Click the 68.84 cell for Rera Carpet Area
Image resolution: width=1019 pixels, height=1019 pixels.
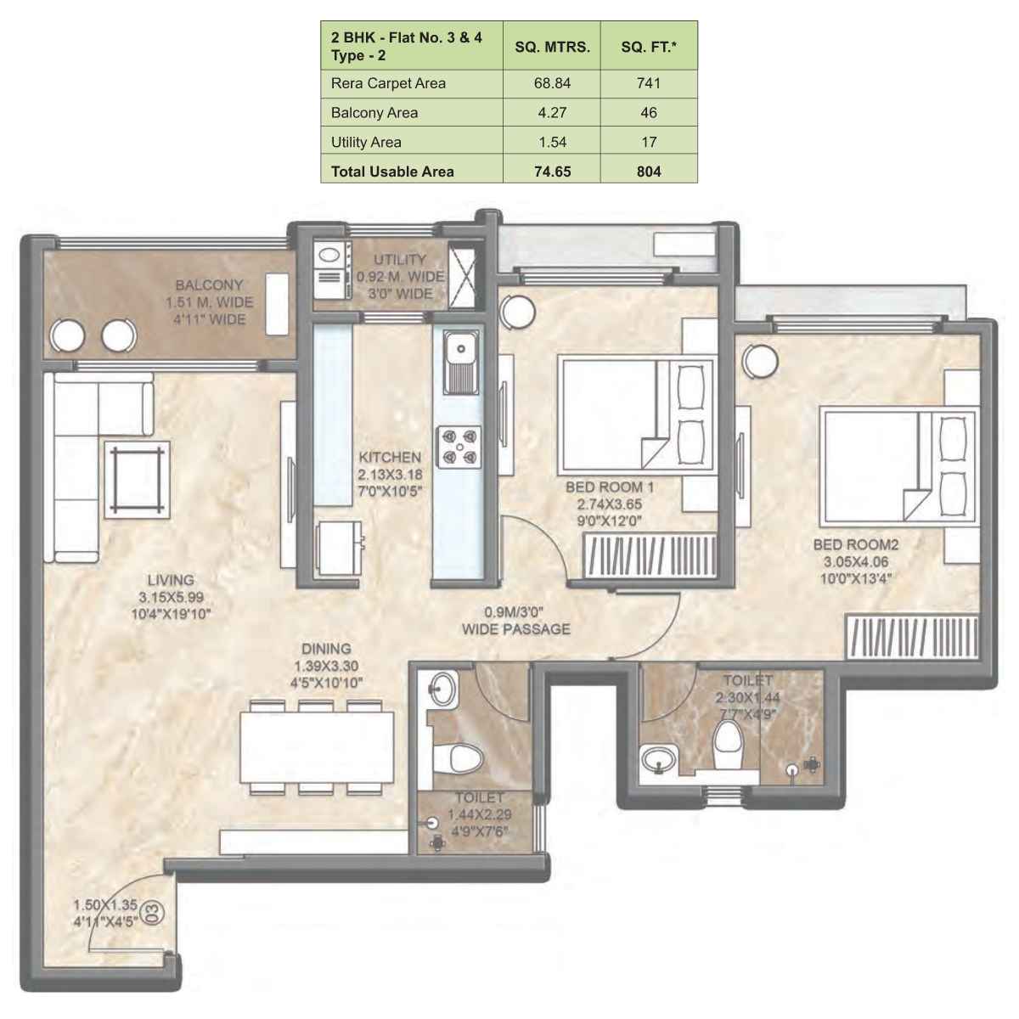click(552, 83)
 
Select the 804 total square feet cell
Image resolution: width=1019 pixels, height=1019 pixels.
click(649, 171)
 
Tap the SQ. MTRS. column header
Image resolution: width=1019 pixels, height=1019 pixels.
click(552, 48)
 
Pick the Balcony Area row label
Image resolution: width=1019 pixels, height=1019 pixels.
click(374, 112)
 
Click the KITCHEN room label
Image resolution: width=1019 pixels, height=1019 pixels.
click(389, 457)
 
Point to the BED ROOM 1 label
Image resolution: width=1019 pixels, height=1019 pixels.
click(610, 487)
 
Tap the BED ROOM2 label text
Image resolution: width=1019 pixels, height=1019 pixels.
click(855, 545)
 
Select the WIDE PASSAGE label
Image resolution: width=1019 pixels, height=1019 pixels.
click(515, 629)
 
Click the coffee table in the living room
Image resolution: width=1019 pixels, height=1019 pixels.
click(138, 480)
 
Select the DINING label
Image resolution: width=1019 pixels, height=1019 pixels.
click(326, 650)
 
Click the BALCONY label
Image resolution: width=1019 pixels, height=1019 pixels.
click(209, 285)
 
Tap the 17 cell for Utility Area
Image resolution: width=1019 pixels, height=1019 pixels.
click(649, 142)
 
